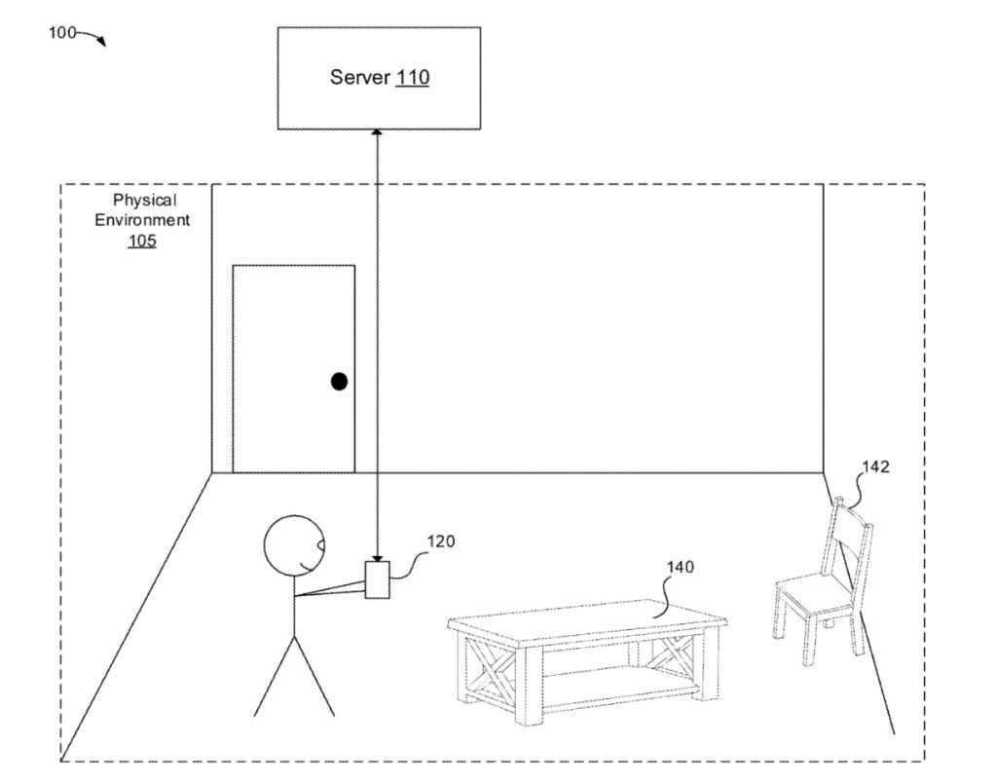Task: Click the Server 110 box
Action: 379,78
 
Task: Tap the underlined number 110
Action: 412,78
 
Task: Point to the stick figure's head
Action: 292,546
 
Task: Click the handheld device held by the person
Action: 376,579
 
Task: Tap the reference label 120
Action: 440,541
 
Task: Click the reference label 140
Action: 681,567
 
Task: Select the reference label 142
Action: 875,466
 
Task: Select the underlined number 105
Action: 142,240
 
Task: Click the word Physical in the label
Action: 144,201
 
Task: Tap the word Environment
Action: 142,220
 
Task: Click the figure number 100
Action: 62,32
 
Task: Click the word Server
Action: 360,78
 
